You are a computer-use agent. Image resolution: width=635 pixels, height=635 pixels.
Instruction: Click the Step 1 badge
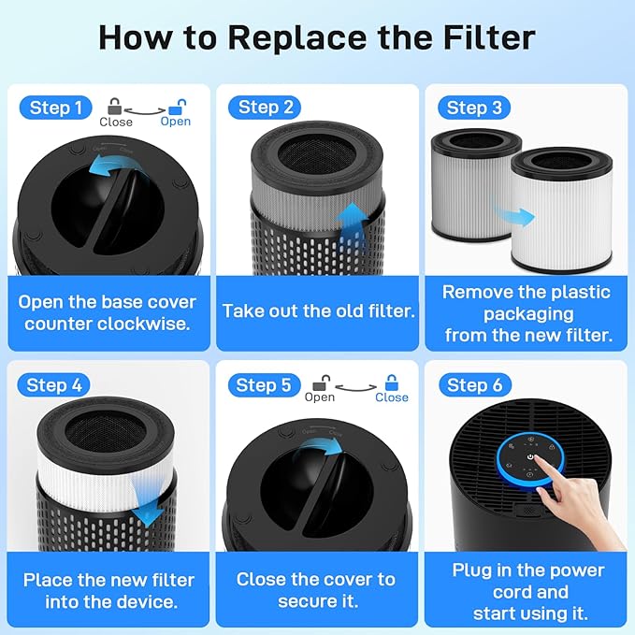pos(56,108)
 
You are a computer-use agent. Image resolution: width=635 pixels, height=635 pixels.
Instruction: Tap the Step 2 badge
pos(265,108)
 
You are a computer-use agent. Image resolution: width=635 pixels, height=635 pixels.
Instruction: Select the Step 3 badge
pos(474,108)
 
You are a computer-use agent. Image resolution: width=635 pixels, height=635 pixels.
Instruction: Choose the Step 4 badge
pos(54,384)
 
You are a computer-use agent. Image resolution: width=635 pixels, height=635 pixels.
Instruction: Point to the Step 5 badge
pos(264,385)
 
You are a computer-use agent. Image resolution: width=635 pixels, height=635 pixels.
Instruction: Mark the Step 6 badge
pos(475,384)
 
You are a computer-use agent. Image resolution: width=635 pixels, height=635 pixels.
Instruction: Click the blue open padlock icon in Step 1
pos(177,107)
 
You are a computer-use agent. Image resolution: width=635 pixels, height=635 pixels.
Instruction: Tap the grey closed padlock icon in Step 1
pos(115,107)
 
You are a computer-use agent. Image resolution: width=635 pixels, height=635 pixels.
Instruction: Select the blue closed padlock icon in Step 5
pos(391,382)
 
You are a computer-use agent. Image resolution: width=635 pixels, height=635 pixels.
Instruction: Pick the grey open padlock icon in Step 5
pos(322,382)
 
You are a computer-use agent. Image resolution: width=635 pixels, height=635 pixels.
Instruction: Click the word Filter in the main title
pos(489,37)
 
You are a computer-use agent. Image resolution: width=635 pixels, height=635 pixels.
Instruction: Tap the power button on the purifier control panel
pos(530,456)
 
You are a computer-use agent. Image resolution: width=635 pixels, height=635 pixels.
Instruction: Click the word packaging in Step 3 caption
pos(528,314)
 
